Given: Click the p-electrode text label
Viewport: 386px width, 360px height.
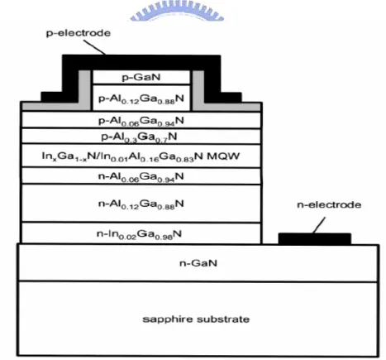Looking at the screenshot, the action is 79,33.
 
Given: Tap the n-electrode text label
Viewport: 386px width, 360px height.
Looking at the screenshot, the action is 329,204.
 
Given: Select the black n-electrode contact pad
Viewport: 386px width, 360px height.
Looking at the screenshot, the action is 315,238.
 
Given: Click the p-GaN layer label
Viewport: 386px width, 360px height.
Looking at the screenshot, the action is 141,77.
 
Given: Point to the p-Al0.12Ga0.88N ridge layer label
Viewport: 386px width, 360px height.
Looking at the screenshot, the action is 141,98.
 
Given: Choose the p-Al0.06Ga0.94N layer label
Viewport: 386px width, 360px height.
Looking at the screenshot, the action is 141,121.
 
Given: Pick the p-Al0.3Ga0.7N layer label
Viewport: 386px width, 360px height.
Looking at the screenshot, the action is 140,137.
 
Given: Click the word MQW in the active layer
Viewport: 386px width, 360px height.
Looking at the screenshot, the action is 223,156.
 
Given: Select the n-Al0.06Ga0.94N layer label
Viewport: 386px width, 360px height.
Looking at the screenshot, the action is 141,176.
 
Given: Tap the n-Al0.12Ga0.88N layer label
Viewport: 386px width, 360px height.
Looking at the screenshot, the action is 141,204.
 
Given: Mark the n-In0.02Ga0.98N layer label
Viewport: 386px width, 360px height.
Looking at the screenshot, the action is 139,234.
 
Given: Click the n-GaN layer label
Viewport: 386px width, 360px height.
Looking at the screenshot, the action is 198,263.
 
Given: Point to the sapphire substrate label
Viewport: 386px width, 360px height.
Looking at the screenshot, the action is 196,319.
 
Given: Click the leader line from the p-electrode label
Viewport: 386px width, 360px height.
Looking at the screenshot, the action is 94,47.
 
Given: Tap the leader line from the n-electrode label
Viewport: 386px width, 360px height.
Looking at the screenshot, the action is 319,225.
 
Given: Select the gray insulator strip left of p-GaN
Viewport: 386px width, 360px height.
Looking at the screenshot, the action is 84,90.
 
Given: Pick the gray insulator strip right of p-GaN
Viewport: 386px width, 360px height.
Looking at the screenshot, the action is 198,90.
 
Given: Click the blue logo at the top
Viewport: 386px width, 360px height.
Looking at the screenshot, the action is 177,11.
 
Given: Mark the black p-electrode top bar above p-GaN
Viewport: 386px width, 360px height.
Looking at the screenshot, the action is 141,62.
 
